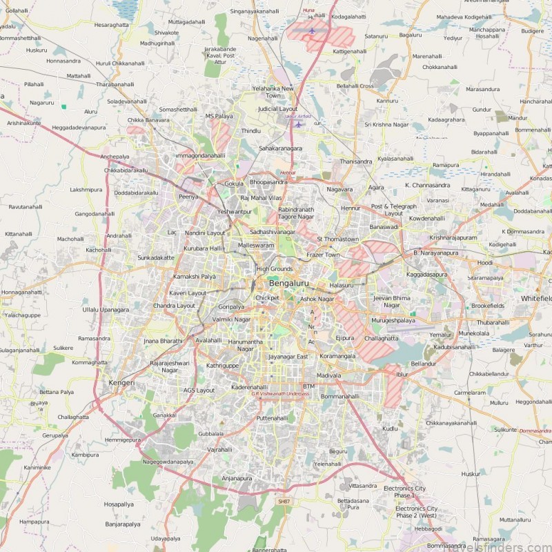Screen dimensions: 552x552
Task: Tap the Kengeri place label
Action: [x=121, y=382]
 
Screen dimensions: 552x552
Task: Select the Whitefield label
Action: [x=536, y=298]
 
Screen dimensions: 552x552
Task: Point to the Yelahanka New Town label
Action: [x=273, y=92]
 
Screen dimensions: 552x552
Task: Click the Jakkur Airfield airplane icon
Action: [x=298, y=124]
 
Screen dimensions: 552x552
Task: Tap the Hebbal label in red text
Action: [x=288, y=172]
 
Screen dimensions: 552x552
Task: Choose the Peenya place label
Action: [x=188, y=197]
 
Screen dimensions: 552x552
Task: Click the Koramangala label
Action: [x=338, y=357]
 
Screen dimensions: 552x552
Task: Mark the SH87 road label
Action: [x=283, y=501]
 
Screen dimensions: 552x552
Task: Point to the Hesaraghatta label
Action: [x=111, y=24]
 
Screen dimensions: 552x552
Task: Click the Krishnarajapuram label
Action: [x=453, y=237]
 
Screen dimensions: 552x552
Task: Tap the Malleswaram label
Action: [x=256, y=245]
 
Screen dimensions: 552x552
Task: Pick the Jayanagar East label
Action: [x=288, y=357]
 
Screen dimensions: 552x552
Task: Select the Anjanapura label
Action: [x=237, y=478]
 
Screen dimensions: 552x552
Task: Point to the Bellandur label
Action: [x=423, y=363]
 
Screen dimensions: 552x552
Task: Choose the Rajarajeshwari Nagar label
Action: [x=170, y=366]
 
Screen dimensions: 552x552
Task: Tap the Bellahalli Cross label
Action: [x=355, y=86]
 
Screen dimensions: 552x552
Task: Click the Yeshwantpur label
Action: [x=234, y=212]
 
